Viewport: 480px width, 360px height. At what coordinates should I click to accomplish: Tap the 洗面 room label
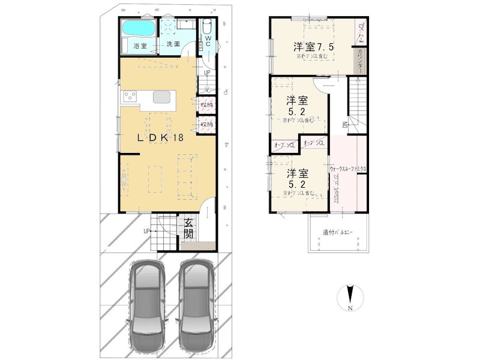tap(173, 44)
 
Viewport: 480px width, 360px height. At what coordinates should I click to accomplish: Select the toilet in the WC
tap(207, 28)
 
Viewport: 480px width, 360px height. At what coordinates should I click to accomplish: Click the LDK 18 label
tap(160, 137)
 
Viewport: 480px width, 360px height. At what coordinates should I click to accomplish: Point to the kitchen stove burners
tap(130, 97)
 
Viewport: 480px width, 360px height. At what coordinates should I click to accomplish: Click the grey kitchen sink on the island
tap(163, 97)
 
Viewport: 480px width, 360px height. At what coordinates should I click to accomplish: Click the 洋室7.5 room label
tap(313, 47)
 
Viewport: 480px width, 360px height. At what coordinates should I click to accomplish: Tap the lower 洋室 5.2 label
tap(298, 178)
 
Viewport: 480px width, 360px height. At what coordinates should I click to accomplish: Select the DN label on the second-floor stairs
tap(345, 124)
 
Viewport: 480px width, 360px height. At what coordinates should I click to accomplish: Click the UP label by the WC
tap(206, 73)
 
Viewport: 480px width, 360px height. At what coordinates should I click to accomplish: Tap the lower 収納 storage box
tap(206, 124)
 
